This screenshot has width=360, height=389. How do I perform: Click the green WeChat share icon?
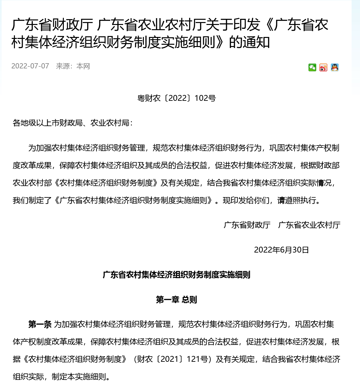pyautogui.click(x=312, y=67)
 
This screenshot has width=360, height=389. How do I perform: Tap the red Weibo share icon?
pyautogui.click(x=323, y=67)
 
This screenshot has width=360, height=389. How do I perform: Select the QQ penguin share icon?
pyautogui.click(x=335, y=67)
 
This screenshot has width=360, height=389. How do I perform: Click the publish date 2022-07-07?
pyautogui.click(x=30, y=66)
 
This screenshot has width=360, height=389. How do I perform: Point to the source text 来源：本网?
pyautogui.click(x=73, y=66)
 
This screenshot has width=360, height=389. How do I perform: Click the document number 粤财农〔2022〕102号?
pyautogui.click(x=177, y=98)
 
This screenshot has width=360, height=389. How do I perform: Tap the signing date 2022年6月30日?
pyautogui.click(x=281, y=250)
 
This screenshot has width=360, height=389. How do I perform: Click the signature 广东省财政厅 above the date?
pyautogui.click(x=247, y=225)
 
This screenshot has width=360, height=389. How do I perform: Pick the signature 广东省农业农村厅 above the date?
pyautogui.click(x=309, y=225)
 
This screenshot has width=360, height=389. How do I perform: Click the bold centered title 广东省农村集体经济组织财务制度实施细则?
pyautogui.click(x=177, y=275)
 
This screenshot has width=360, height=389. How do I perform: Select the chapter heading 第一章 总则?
pyautogui.click(x=177, y=300)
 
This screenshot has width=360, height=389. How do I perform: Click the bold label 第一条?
pyautogui.click(x=40, y=324)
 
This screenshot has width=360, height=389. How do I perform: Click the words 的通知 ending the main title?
pyautogui.click(x=250, y=42)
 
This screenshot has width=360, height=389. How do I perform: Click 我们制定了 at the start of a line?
pyautogui.click(x=32, y=201)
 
